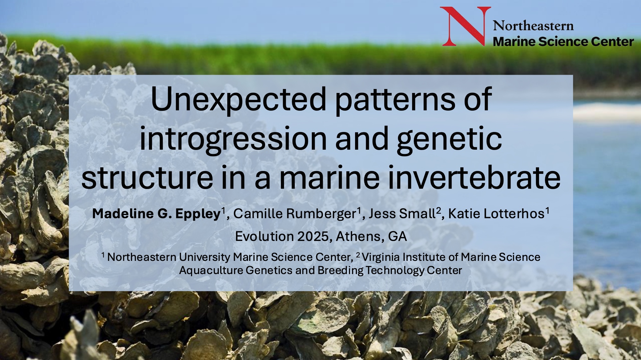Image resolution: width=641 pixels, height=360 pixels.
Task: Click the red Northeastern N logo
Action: tap(465, 26)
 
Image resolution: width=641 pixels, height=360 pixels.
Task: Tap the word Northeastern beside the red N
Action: tap(533, 26)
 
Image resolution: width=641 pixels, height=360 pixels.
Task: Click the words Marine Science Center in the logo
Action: tap(563, 42)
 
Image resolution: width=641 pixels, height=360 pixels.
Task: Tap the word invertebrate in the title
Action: tap(474, 177)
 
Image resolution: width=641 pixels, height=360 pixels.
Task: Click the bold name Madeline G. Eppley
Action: tap(156, 214)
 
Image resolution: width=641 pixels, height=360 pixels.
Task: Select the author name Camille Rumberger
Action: tap(295, 213)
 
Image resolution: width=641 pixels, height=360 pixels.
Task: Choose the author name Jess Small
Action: tap(402, 213)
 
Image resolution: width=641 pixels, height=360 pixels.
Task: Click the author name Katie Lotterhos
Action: tap(496, 213)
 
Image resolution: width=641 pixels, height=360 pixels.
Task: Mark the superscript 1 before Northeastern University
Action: tap(103, 255)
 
